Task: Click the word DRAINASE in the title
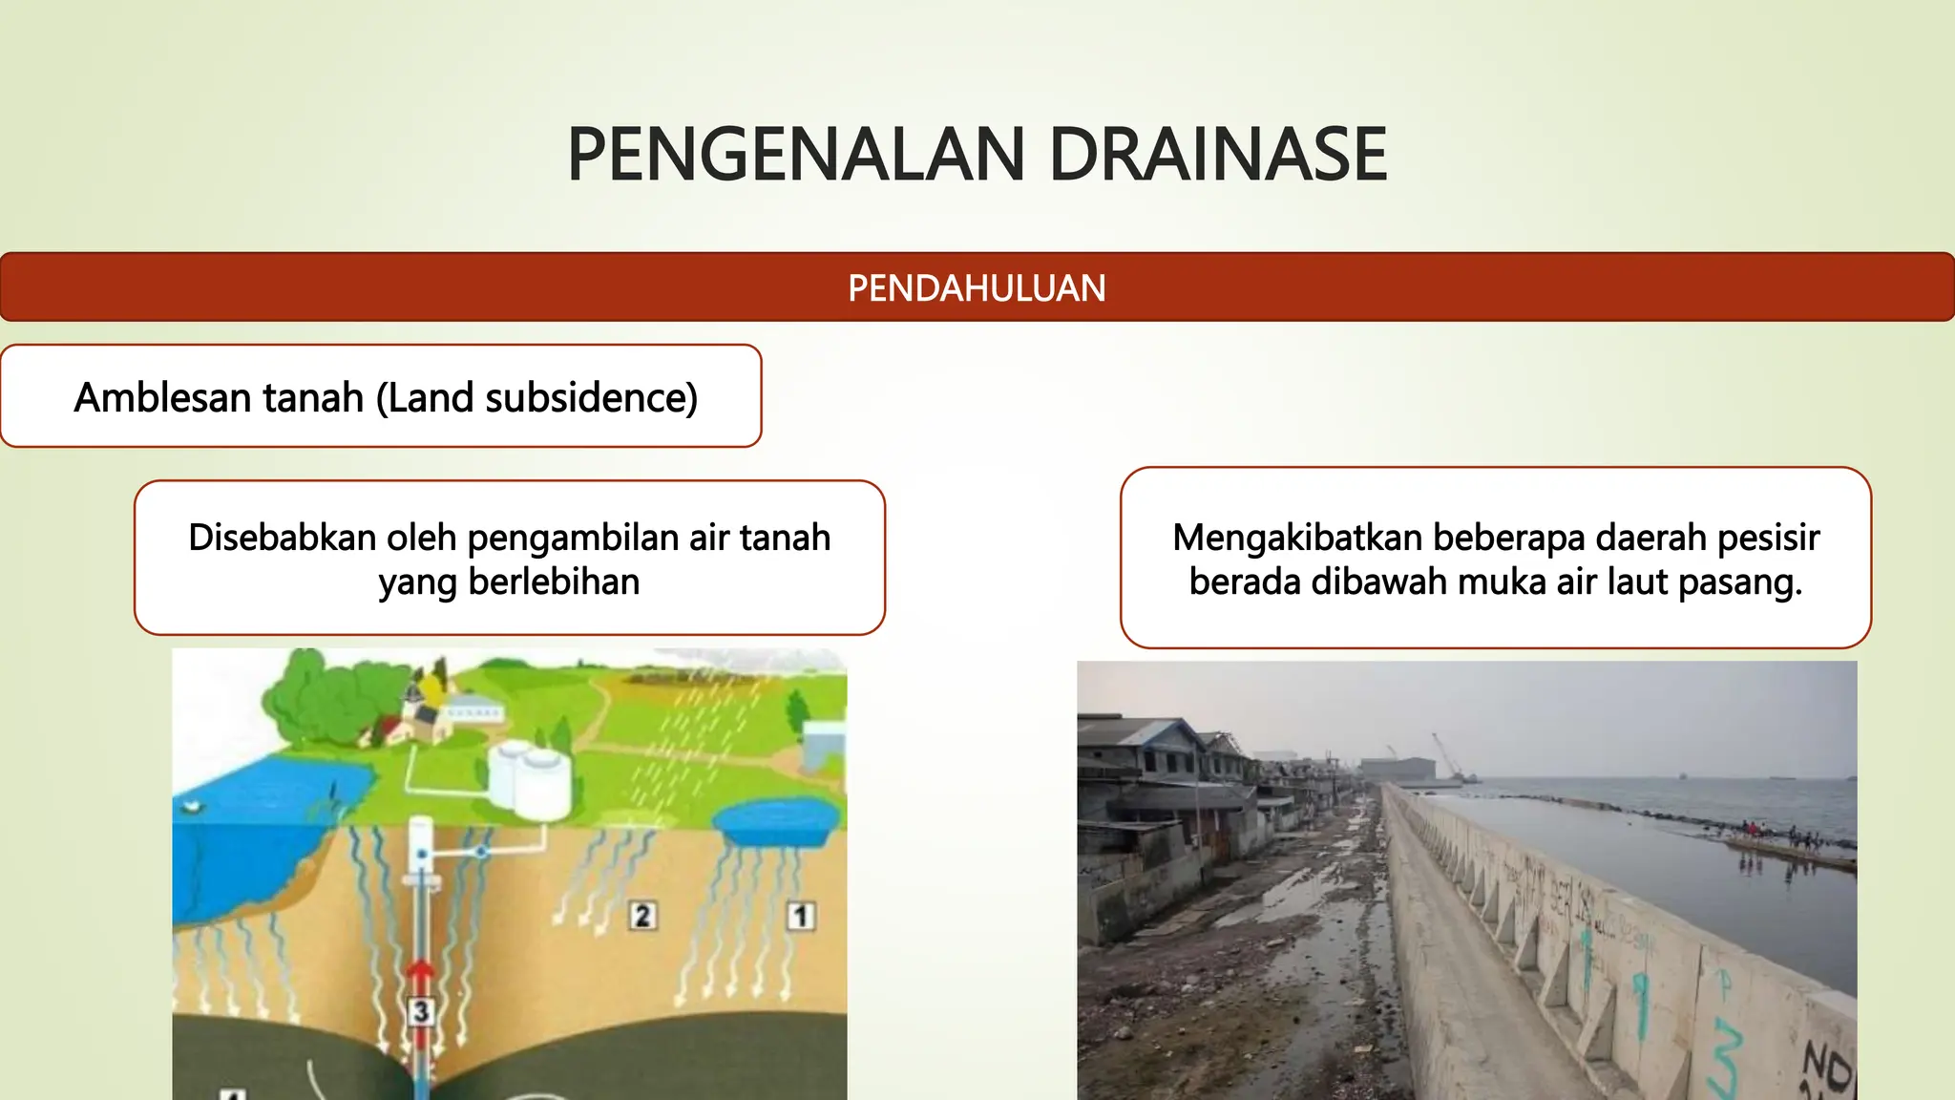click(1217, 155)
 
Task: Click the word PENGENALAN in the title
click(796, 155)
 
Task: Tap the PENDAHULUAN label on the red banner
click(977, 288)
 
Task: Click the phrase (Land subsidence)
click(537, 397)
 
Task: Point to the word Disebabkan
click(282, 538)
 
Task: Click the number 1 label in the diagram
click(800, 917)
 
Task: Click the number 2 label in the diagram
click(642, 917)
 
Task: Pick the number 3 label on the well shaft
click(421, 1011)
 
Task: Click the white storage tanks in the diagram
click(531, 780)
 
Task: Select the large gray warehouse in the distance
click(1398, 770)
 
